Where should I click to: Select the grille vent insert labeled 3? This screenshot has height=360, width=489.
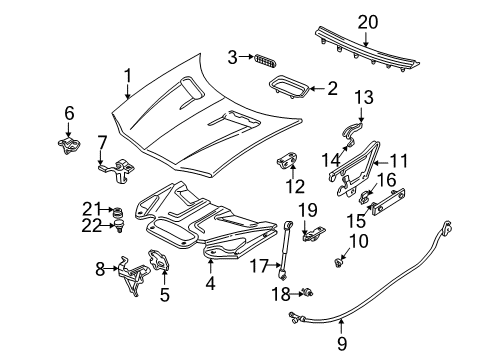263,59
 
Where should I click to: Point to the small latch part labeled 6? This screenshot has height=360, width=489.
70,144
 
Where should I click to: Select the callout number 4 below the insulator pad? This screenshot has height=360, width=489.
209,283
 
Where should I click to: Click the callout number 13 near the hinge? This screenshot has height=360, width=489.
361,97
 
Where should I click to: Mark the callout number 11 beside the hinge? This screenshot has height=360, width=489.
399,160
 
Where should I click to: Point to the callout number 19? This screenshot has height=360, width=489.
309,208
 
